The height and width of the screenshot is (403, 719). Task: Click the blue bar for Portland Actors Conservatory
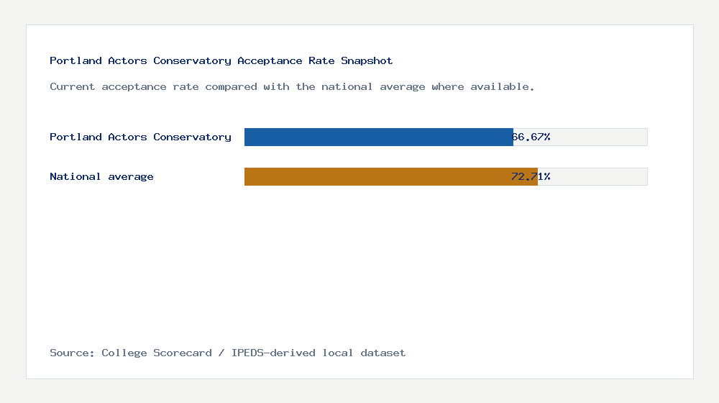pos(378,137)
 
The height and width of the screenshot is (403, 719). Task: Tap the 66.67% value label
pos(531,137)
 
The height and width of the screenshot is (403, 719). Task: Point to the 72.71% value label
pos(531,176)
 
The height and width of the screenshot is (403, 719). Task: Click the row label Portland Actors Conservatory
pos(140,137)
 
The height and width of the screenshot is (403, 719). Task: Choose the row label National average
pos(101,176)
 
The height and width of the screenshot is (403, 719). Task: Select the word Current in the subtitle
pos(73,86)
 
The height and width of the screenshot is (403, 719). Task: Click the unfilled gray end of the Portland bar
pos(600,137)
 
